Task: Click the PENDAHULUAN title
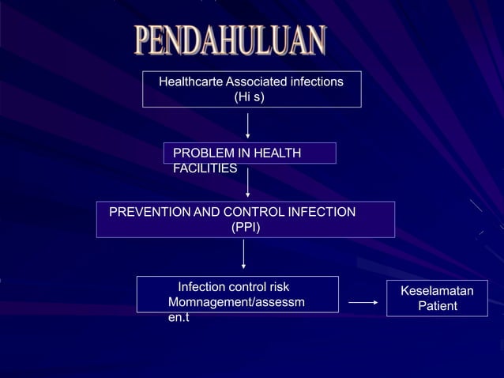click(229, 40)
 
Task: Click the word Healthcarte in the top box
click(190, 81)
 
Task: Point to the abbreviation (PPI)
click(245, 228)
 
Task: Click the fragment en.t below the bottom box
click(179, 318)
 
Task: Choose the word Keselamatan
click(438, 291)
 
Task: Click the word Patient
click(438, 306)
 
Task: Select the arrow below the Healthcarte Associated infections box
click(248, 125)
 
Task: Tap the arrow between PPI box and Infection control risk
click(243, 255)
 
